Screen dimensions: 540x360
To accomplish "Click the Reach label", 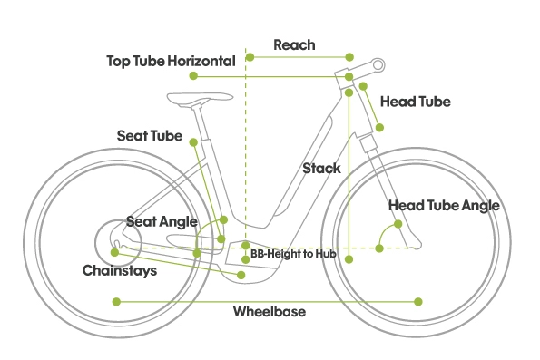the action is point(294,44).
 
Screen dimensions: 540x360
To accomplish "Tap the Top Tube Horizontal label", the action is point(171,62).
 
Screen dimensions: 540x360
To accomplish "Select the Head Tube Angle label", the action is point(444,206).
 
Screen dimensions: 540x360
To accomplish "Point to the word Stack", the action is point(321,169).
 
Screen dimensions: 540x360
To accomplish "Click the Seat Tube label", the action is point(150,136).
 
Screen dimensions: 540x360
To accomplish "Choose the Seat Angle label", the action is point(162,221).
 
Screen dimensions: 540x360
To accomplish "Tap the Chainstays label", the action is point(120,270).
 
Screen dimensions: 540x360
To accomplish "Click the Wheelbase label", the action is point(270,311).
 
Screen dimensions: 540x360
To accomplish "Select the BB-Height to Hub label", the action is point(293,254).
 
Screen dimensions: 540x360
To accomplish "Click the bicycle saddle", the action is point(199,98).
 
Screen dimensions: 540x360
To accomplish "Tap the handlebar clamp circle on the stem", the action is point(378,65).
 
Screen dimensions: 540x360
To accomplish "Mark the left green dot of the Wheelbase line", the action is point(116,302).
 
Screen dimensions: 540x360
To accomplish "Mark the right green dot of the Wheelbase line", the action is point(418,302).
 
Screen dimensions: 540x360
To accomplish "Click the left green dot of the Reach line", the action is point(250,57).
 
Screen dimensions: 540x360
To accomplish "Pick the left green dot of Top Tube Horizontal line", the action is point(193,75).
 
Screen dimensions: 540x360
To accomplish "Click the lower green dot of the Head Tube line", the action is point(379,128).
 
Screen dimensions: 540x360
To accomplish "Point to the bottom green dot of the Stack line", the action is point(349,259).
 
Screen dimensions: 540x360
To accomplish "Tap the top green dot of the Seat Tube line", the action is point(193,142).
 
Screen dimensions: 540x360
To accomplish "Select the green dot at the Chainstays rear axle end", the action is point(114,253).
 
